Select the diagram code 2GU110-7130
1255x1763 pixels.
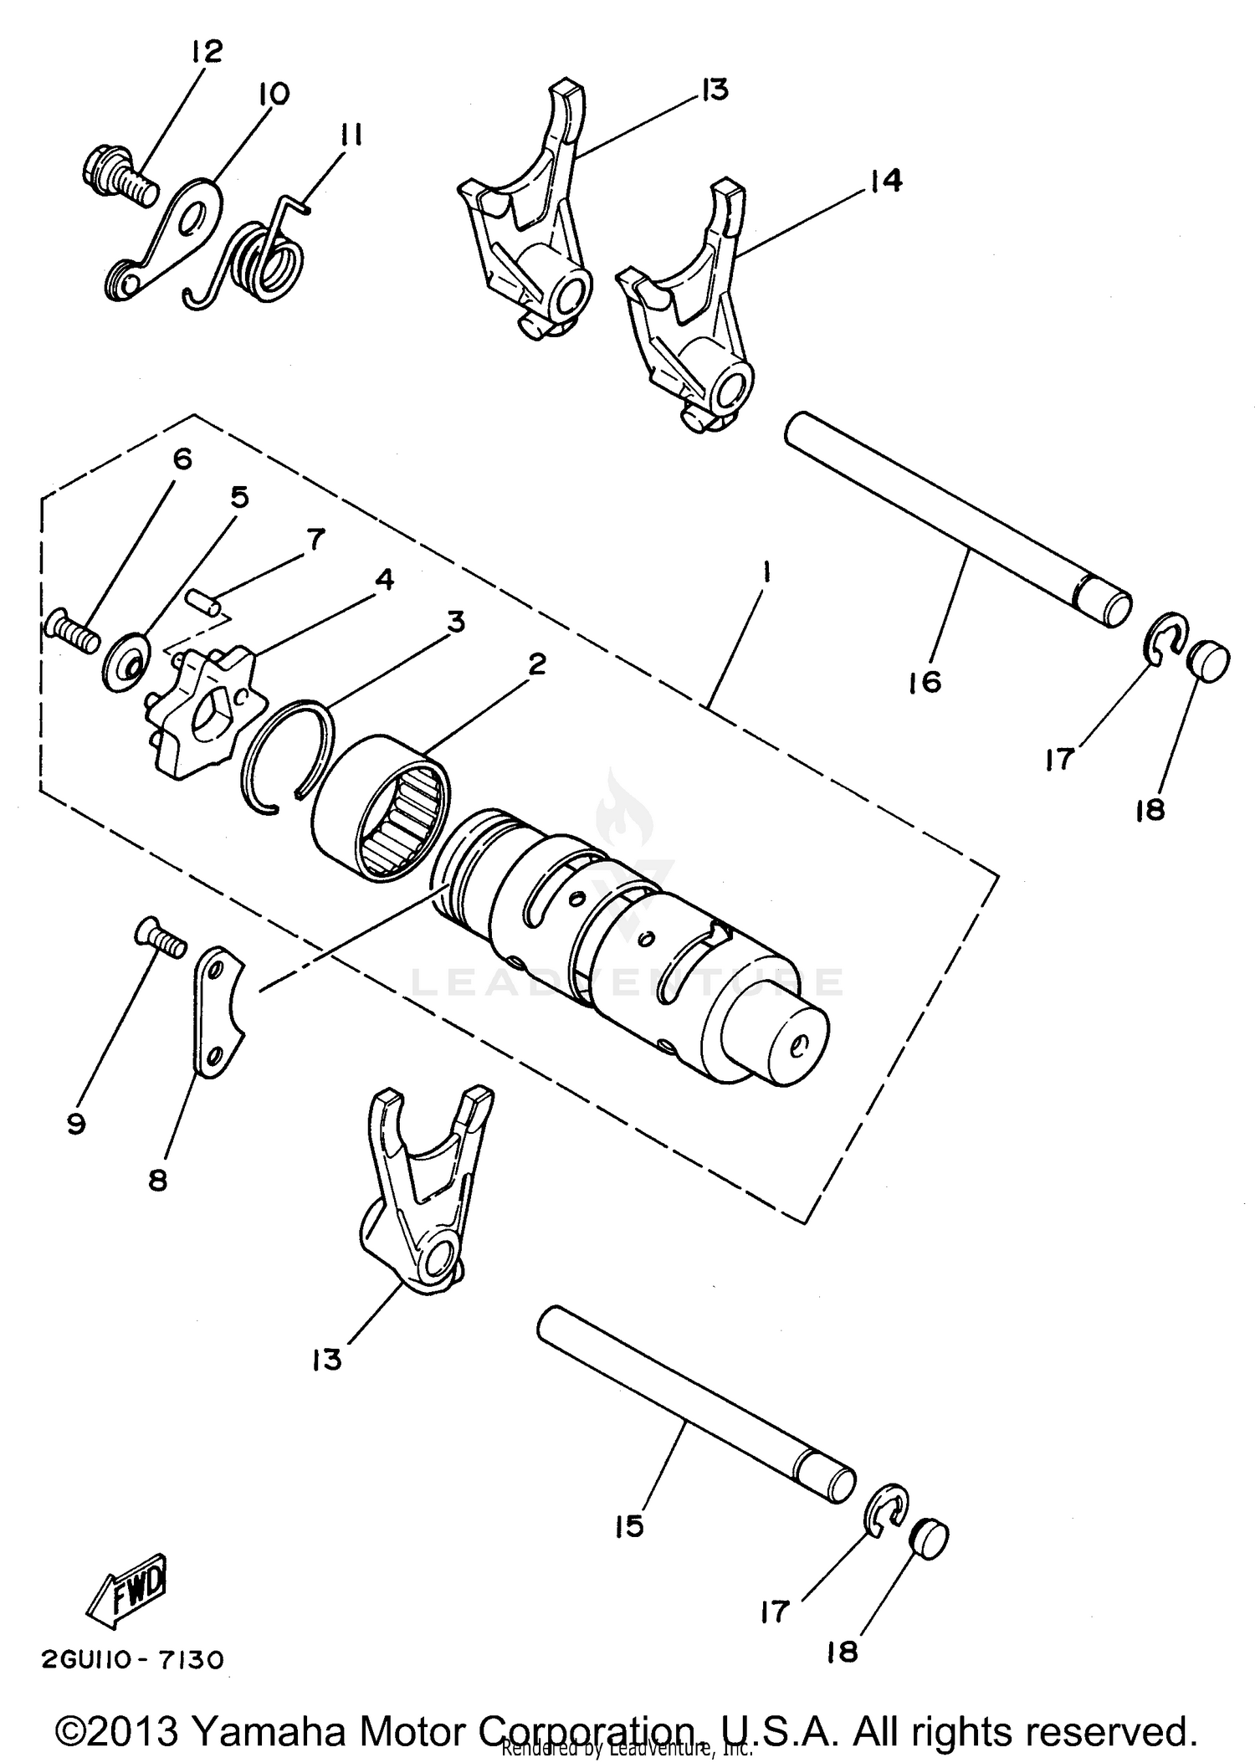point(133,1659)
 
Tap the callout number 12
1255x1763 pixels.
point(206,52)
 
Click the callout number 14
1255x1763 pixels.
point(886,180)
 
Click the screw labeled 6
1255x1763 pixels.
point(72,632)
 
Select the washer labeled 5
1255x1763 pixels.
point(127,661)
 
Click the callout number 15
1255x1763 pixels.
point(628,1526)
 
